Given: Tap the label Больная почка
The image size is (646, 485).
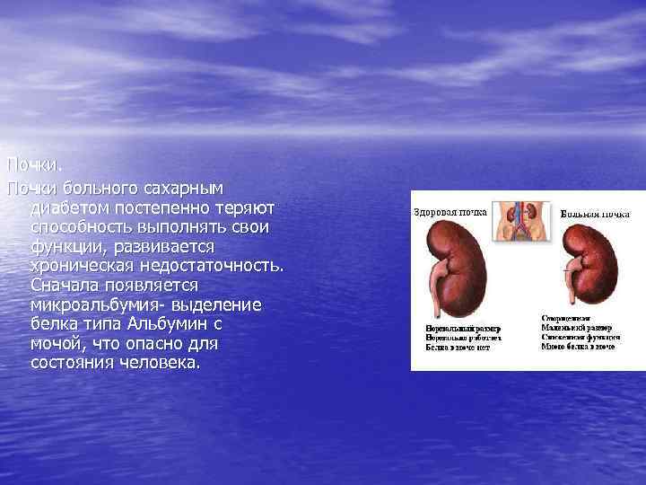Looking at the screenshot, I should coord(595,214).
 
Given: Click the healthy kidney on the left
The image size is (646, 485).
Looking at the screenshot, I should coord(458,261).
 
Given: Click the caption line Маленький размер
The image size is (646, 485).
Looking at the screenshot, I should coord(576,328).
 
